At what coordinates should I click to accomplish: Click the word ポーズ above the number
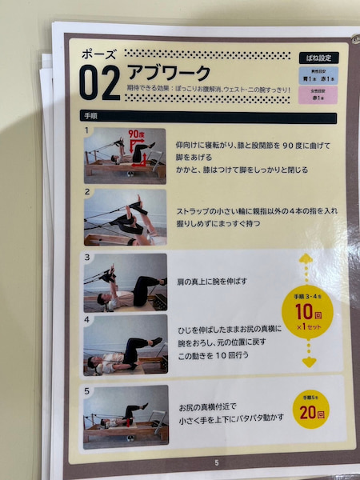point(98,55)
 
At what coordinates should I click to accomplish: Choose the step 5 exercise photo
point(126,416)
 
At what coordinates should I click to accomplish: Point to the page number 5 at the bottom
point(216,462)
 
